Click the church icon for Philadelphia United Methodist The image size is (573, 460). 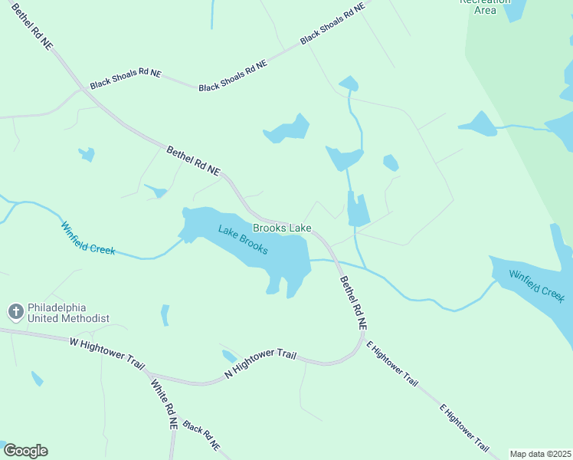click(15, 311)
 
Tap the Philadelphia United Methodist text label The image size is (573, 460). click(69, 312)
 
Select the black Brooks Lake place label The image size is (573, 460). click(282, 228)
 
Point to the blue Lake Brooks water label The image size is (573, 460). click(243, 239)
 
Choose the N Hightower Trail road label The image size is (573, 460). click(260, 363)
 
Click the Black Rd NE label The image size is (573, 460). click(201, 437)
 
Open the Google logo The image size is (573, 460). click(25, 451)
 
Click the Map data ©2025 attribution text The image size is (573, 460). click(541, 454)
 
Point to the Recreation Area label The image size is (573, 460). click(486, 6)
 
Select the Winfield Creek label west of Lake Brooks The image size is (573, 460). click(88, 238)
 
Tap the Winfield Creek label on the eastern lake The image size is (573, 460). click(537, 285)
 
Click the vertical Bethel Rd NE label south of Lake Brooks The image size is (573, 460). click(354, 303)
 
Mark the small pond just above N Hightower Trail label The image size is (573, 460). click(229, 356)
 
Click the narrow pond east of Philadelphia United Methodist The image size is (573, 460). click(165, 314)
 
